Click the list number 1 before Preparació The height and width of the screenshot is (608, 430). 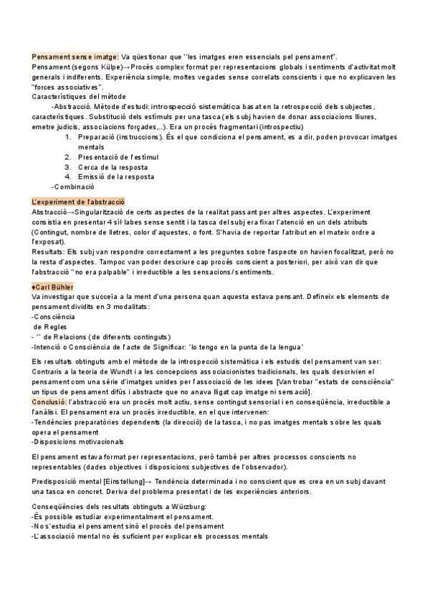click(67, 136)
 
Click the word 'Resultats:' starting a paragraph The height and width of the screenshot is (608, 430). click(48, 252)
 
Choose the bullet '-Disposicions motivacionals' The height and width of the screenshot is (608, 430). click(77, 441)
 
